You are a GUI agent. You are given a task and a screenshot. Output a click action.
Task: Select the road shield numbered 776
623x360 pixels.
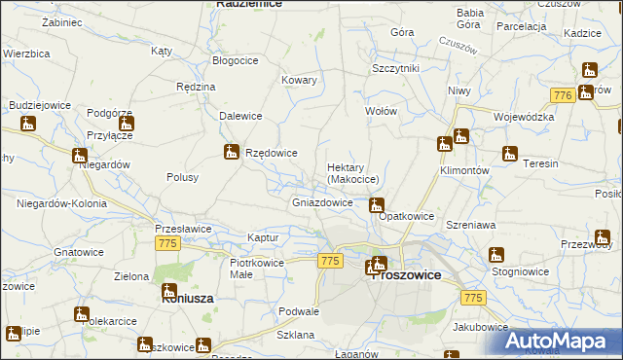560,95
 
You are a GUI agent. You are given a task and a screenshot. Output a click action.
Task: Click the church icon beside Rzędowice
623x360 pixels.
232,152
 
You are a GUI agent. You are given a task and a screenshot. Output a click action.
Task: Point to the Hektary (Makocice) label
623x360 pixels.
352,173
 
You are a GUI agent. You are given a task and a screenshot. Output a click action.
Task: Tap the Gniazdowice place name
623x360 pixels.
322,203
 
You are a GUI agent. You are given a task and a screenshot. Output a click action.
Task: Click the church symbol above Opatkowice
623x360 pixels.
375,205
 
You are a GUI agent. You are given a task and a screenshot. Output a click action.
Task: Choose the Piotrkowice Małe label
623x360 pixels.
256,269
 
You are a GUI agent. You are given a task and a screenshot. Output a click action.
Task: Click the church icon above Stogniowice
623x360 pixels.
496,256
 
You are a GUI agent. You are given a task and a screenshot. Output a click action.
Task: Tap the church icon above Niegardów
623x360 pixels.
80,156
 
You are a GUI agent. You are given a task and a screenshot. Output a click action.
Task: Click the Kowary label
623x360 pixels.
299,80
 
